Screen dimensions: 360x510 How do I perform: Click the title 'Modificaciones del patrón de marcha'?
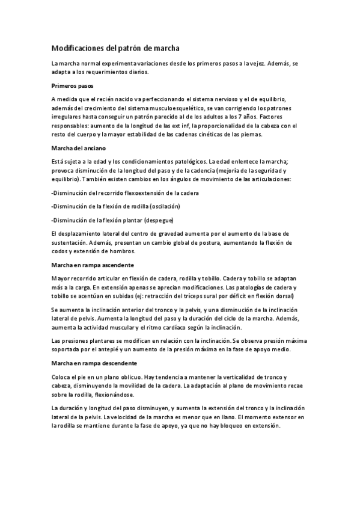coord(115,47)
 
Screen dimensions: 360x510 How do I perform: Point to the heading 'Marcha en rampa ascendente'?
coord(93,265)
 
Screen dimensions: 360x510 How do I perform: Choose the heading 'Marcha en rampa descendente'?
coord(94,363)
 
